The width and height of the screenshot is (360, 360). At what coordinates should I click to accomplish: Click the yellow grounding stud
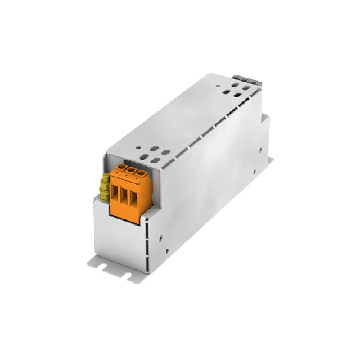pyautogui.click(x=105, y=188)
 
